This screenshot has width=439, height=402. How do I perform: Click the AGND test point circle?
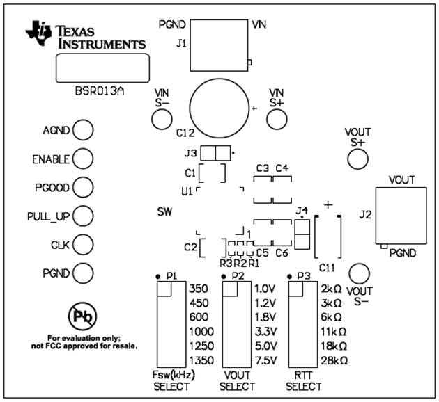(x=83, y=131)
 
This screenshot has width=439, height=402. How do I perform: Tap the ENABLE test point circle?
(x=83, y=159)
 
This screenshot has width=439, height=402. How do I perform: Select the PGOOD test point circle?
(x=83, y=188)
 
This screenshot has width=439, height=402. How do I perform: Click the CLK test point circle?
(x=83, y=245)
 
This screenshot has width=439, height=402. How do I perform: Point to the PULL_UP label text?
(x=49, y=216)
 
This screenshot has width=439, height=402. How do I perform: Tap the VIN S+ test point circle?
(x=277, y=120)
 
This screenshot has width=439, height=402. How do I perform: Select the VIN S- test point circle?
(x=162, y=120)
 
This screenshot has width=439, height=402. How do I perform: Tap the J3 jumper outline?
(x=215, y=152)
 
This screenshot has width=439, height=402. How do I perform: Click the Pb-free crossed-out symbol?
(x=80, y=317)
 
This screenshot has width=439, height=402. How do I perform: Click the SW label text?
(x=164, y=211)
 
